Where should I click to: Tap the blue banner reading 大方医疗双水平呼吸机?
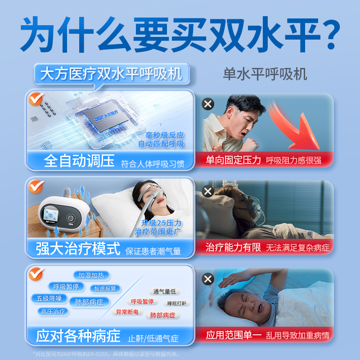(x=112, y=73)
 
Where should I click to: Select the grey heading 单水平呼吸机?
(x=265, y=74)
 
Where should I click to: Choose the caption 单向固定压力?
(x=233, y=160)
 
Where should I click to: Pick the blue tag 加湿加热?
(x=91, y=275)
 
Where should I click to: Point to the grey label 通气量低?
(x=164, y=291)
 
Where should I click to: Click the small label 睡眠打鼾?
(x=176, y=303)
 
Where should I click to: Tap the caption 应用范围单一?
(x=233, y=335)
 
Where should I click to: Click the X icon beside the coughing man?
(x=207, y=105)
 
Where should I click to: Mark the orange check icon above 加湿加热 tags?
(x=35, y=274)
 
